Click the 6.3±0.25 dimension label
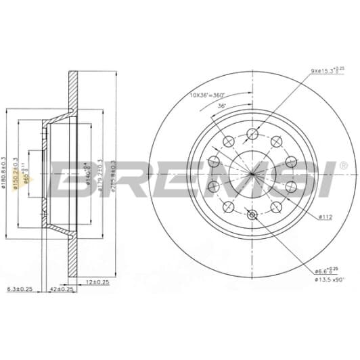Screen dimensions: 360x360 [19, 289]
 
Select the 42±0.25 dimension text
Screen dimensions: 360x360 [62, 289]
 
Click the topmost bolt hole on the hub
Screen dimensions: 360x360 [252, 133]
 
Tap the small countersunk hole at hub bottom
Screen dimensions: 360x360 [252, 215]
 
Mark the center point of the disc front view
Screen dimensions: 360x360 [252, 174]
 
